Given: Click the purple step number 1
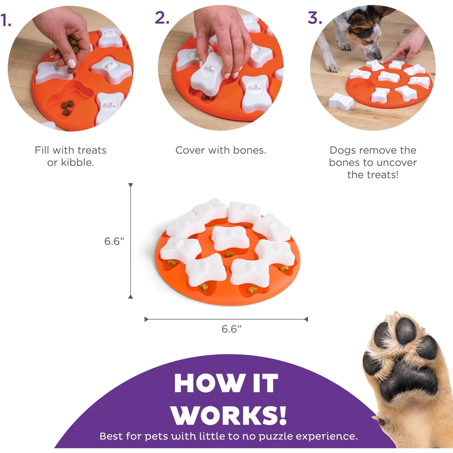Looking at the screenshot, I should click(x=5, y=21).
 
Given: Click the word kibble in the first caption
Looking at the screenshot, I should click(x=77, y=162).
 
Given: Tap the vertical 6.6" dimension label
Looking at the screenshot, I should click(x=114, y=241).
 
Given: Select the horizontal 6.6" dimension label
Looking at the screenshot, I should click(x=231, y=329).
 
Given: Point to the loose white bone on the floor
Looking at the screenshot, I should click(x=341, y=101).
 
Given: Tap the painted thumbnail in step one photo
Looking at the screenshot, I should click(x=72, y=63).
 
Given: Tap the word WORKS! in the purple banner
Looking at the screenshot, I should click(x=229, y=416).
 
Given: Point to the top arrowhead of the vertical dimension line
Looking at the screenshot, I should click(x=130, y=185).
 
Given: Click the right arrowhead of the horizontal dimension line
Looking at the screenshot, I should click(x=306, y=319).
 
